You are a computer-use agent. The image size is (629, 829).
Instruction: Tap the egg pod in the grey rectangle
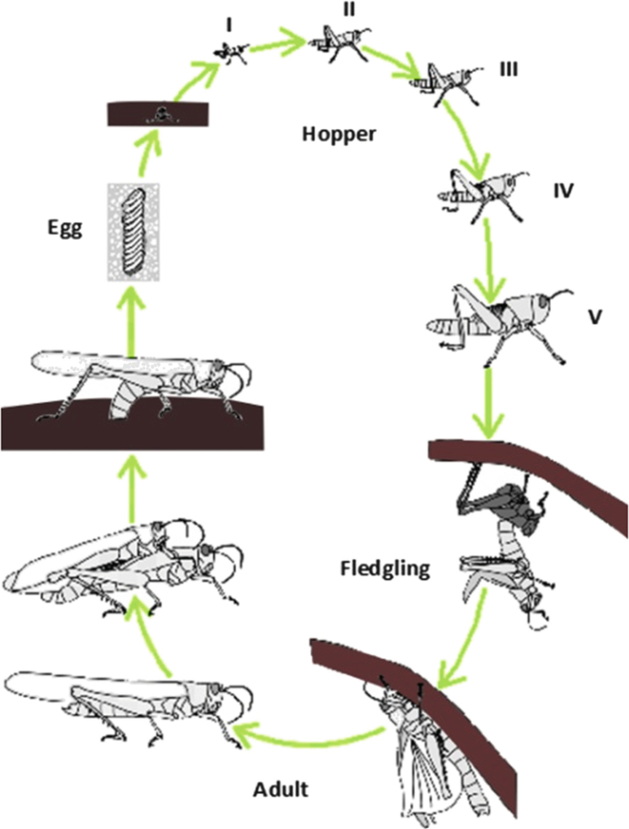click(x=134, y=233)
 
